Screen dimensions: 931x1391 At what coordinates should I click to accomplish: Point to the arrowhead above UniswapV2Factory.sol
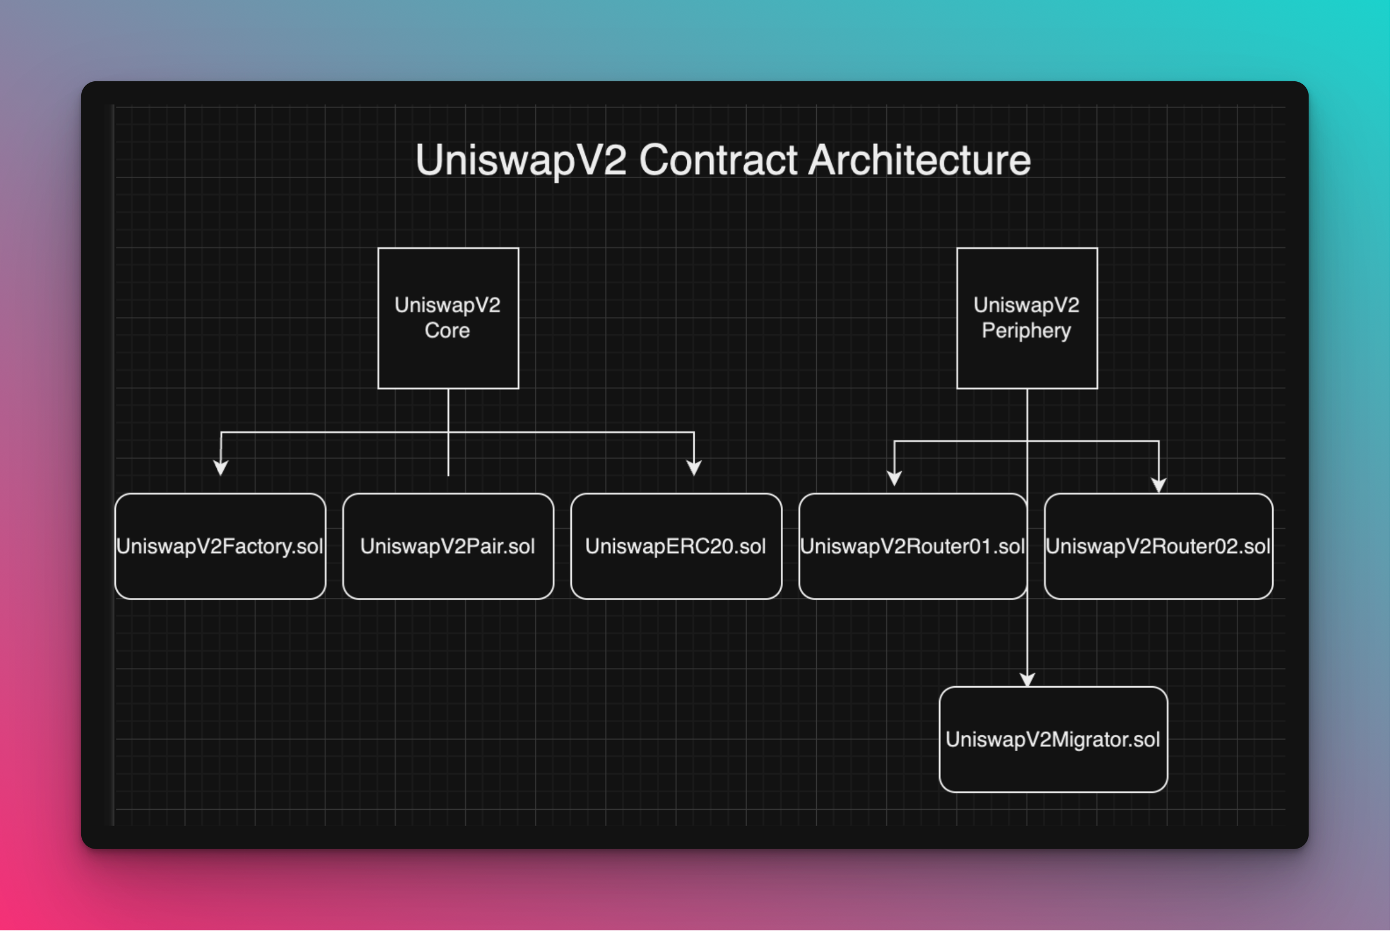point(221,468)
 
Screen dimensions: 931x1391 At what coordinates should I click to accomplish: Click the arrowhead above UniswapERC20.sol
point(694,468)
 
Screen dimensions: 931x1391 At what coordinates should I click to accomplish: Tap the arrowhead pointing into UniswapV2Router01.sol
point(894,478)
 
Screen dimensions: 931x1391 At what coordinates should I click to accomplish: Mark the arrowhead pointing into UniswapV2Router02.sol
point(1158,486)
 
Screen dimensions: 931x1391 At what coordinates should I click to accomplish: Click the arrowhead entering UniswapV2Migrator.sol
point(1027,680)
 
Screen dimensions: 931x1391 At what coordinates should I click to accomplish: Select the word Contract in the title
point(718,160)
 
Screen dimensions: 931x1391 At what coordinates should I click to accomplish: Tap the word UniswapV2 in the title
point(520,160)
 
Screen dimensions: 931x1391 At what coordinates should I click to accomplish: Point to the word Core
point(447,331)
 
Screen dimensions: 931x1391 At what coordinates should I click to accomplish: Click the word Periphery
point(1026,331)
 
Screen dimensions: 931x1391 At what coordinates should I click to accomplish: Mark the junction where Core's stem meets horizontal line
point(448,432)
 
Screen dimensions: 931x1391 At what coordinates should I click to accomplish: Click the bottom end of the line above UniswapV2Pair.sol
point(448,474)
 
